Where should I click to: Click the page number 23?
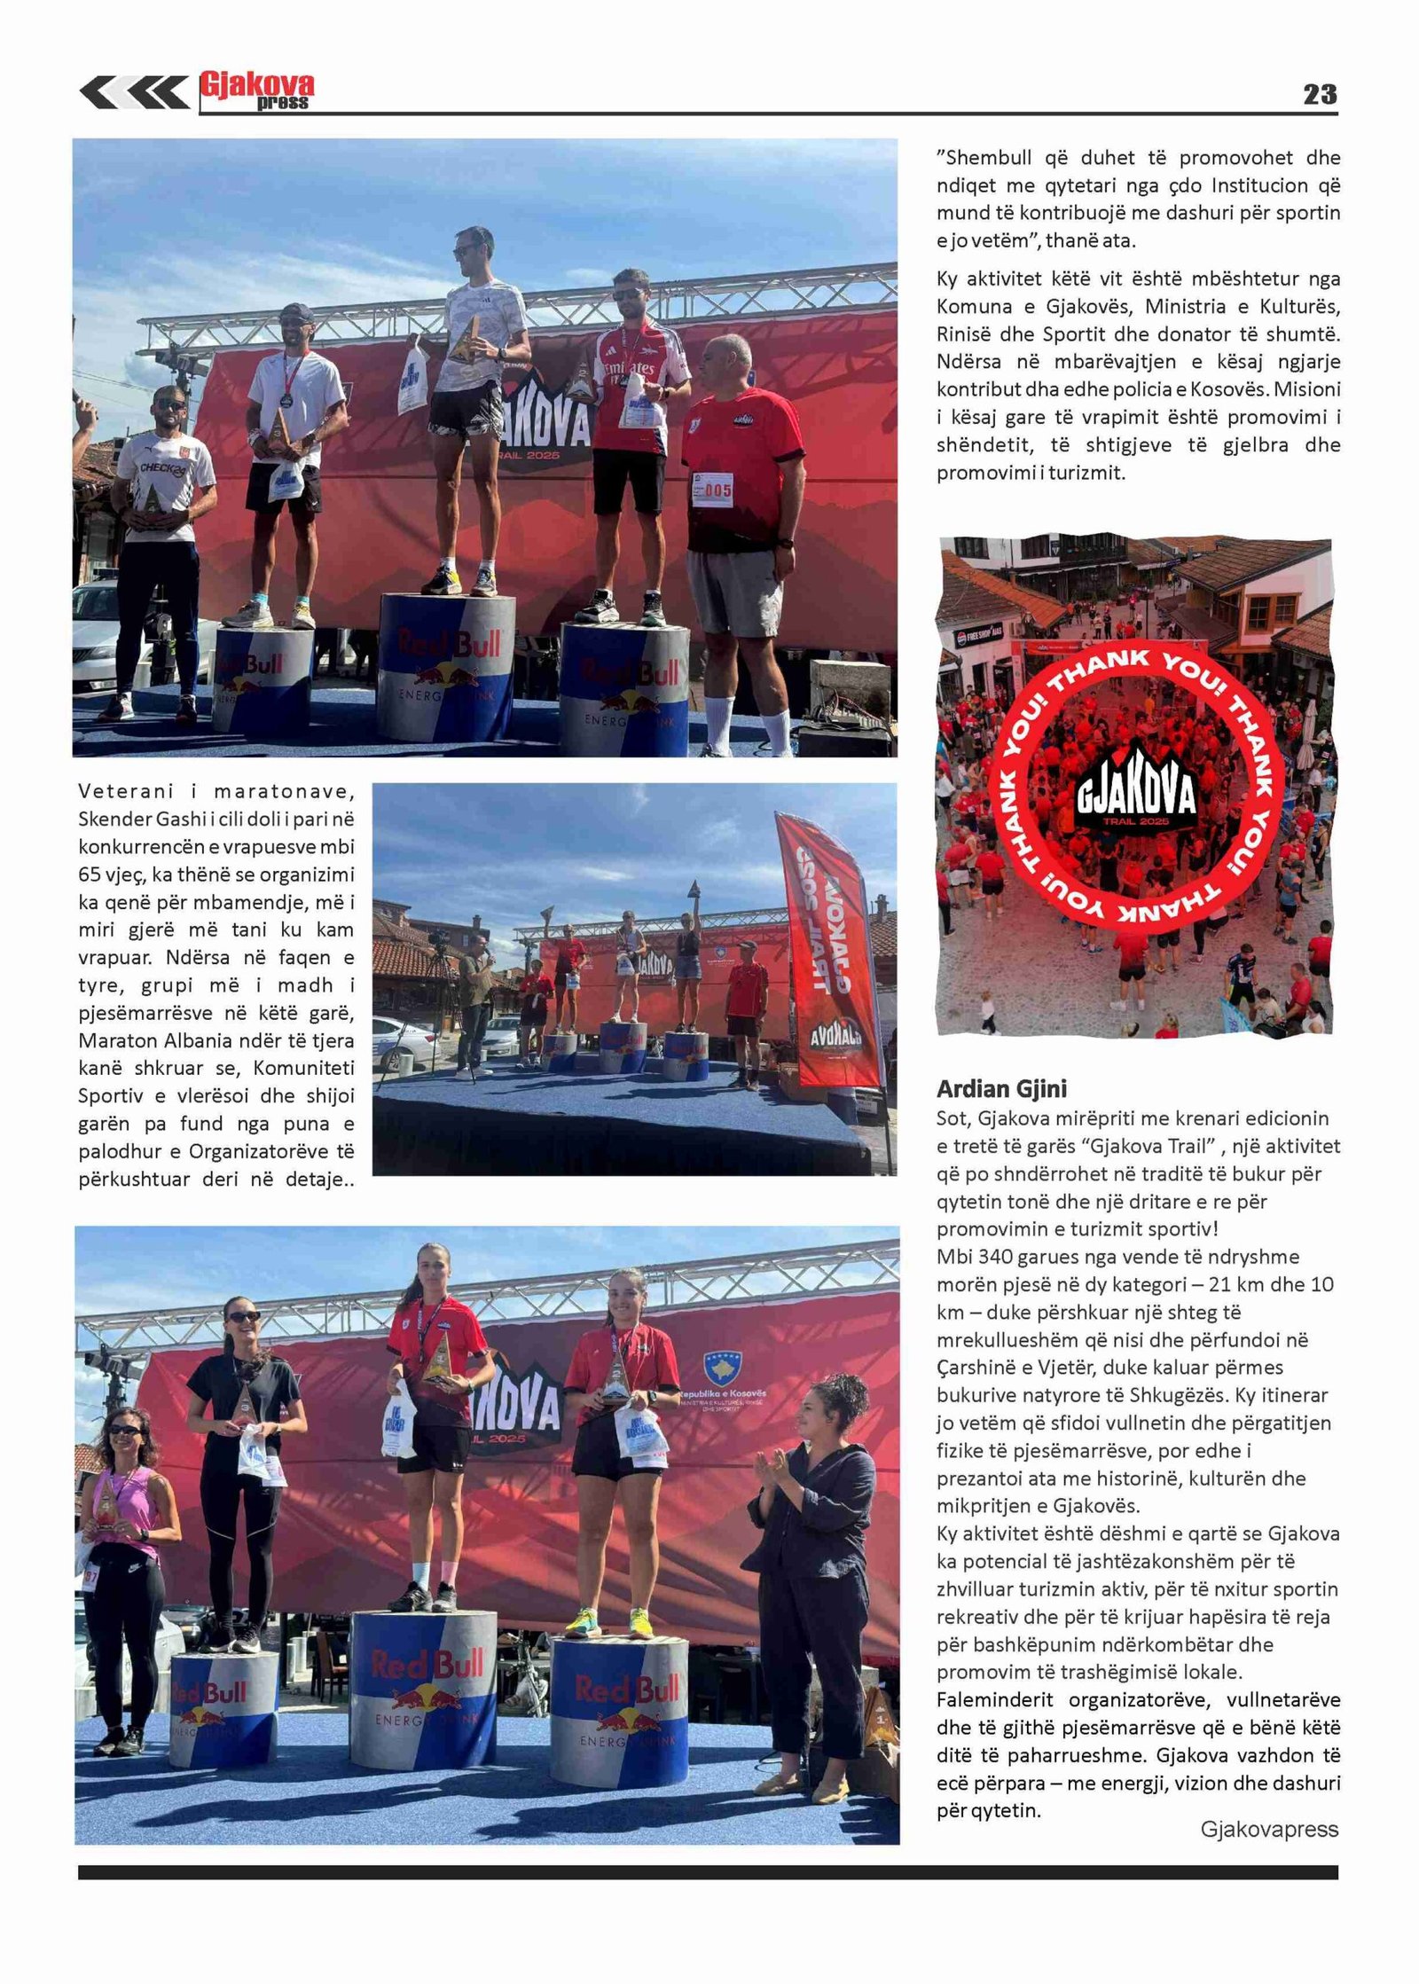coord(1319,94)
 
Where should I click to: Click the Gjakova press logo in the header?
coord(256,90)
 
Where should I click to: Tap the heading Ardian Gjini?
coord(1001,1089)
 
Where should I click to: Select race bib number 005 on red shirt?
coord(712,489)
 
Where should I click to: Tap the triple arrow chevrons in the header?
coord(133,92)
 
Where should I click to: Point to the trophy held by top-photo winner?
coord(464,340)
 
